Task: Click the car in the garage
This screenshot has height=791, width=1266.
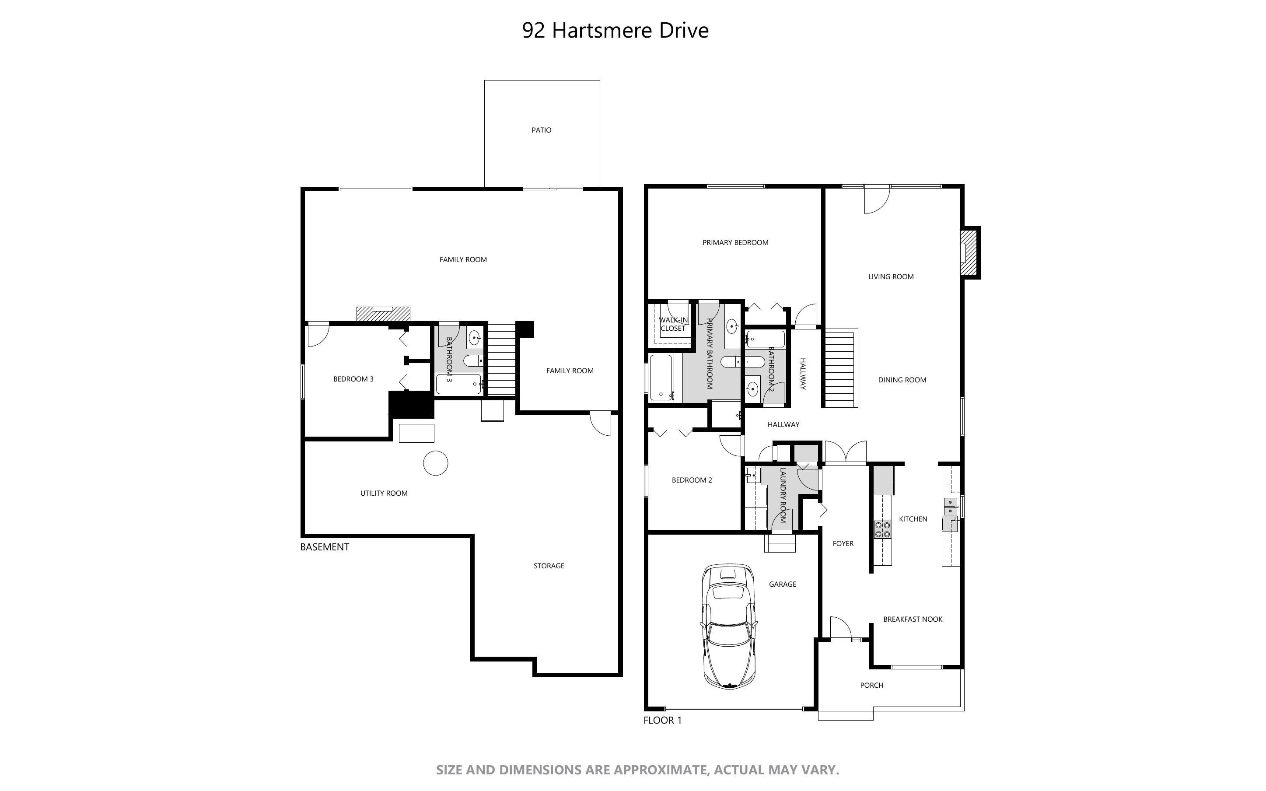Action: [729, 626]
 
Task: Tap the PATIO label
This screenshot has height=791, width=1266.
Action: [541, 130]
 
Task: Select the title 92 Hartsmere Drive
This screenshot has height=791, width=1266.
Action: [616, 30]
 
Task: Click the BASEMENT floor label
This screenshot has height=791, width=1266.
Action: [324, 547]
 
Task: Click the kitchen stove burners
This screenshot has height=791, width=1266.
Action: [883, 529]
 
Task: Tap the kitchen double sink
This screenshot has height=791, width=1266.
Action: [950, 506]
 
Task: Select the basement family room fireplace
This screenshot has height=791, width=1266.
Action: [383, 314]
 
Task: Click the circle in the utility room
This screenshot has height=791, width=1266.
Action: [436, 463]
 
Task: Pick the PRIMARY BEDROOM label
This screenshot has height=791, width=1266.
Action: [735, 243]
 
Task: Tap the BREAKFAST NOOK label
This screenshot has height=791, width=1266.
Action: [913, 619]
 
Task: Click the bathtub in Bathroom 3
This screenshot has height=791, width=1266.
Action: [458, 384]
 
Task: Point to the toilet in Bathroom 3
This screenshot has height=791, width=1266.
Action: [474, 361]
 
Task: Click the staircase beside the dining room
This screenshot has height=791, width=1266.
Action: [841, 368]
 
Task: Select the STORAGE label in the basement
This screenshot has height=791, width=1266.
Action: [549, 566]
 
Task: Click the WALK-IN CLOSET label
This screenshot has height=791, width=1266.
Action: [673, 324]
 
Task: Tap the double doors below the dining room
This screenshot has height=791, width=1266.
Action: [846, 453]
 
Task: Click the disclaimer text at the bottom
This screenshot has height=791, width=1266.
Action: [637, 770]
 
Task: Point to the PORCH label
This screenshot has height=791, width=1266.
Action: [872, 685]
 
